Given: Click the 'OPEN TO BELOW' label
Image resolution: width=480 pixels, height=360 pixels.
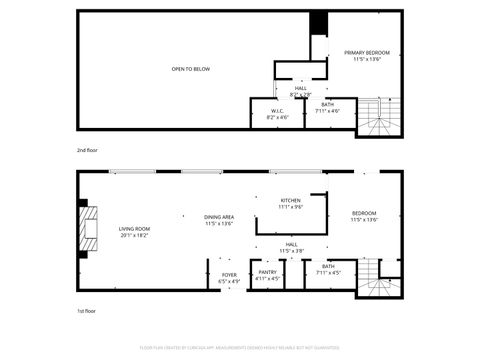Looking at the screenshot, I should coord(190,69).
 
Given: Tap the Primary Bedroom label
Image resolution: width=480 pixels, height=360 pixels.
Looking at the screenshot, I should coord(366,55).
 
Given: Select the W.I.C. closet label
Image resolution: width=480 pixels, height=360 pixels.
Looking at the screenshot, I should coord(278,113).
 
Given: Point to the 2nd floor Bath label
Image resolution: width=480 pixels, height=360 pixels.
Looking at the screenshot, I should coord(328,107).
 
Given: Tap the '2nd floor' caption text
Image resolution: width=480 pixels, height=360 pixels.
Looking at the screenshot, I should coord(88,149).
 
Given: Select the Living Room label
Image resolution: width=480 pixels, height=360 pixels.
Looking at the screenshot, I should coord(134,231).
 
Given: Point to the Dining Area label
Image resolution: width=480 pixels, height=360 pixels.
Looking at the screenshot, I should coord(219,220).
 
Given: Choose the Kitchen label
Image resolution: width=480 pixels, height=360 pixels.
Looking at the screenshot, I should coord(290,203).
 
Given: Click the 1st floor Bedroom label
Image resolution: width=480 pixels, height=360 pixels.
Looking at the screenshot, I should coord(364,216).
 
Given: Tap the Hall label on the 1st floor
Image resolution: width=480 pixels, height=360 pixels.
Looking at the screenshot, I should coord(291,247).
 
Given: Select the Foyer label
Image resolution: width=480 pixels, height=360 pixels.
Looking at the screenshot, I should coord(229,277).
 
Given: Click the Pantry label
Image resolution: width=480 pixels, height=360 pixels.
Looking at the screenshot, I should coord(268,275).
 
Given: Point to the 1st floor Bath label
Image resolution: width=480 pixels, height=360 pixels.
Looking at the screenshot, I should coord(328,269).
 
